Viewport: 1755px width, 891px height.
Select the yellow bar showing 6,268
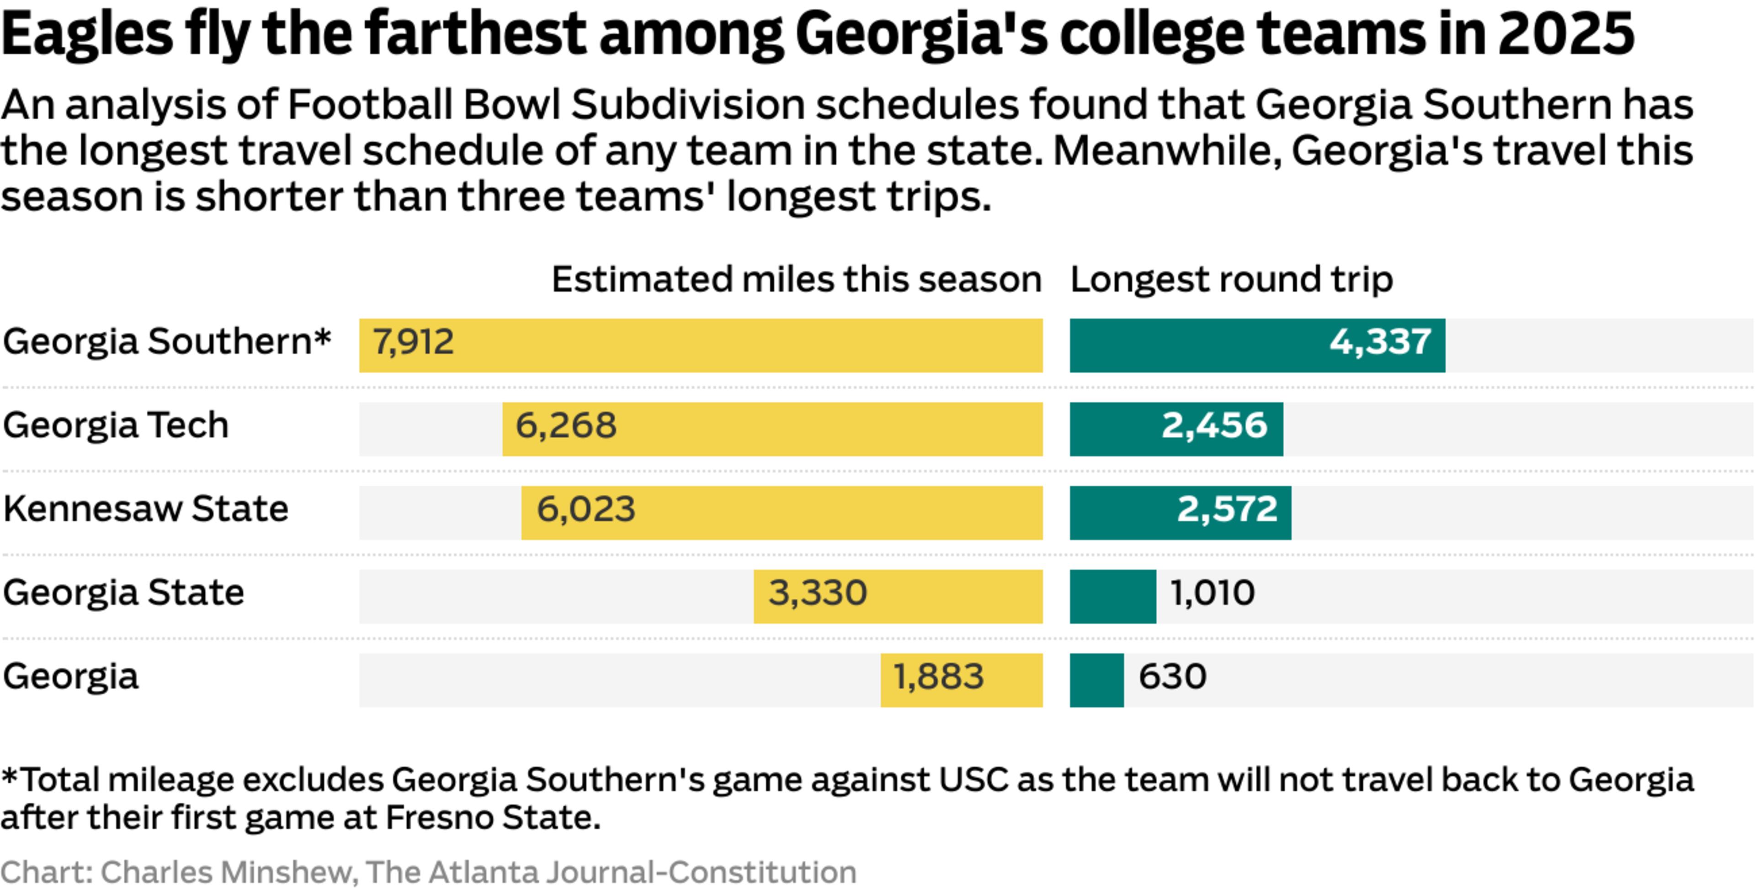pos(772,429)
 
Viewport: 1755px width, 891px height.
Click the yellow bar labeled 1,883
pos(961,680)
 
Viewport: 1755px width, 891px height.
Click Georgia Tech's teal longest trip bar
pos(1176,429)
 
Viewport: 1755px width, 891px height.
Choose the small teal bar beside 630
pos(1096,680)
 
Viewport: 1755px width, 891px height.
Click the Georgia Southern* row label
pos(167,341)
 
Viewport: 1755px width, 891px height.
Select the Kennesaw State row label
pos(146,509)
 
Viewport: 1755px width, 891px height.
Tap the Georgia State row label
pos(123,593)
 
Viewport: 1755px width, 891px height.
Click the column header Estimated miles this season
pos(797,279)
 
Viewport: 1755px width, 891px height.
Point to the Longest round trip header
pos(1231,279)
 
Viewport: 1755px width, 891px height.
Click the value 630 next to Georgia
pos(1172,676)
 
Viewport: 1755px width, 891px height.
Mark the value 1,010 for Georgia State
pos(1212,593)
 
